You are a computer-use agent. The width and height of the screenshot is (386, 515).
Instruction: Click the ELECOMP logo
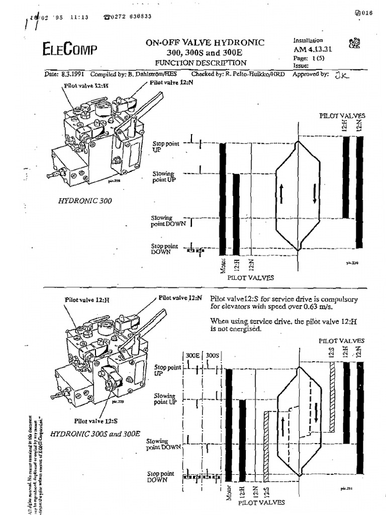tap(70, 49)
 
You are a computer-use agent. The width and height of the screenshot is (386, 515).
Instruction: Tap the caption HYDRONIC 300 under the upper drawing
tap(84, 200)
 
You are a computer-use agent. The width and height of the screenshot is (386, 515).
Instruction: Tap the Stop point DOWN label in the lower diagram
tap(160, 476)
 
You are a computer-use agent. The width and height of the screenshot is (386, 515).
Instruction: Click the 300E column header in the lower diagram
tap(194, 355)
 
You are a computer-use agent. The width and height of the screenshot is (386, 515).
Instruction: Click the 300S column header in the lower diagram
tap(214, 355)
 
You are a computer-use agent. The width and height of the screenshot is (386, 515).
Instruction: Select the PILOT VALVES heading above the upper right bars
tap(342, 116)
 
